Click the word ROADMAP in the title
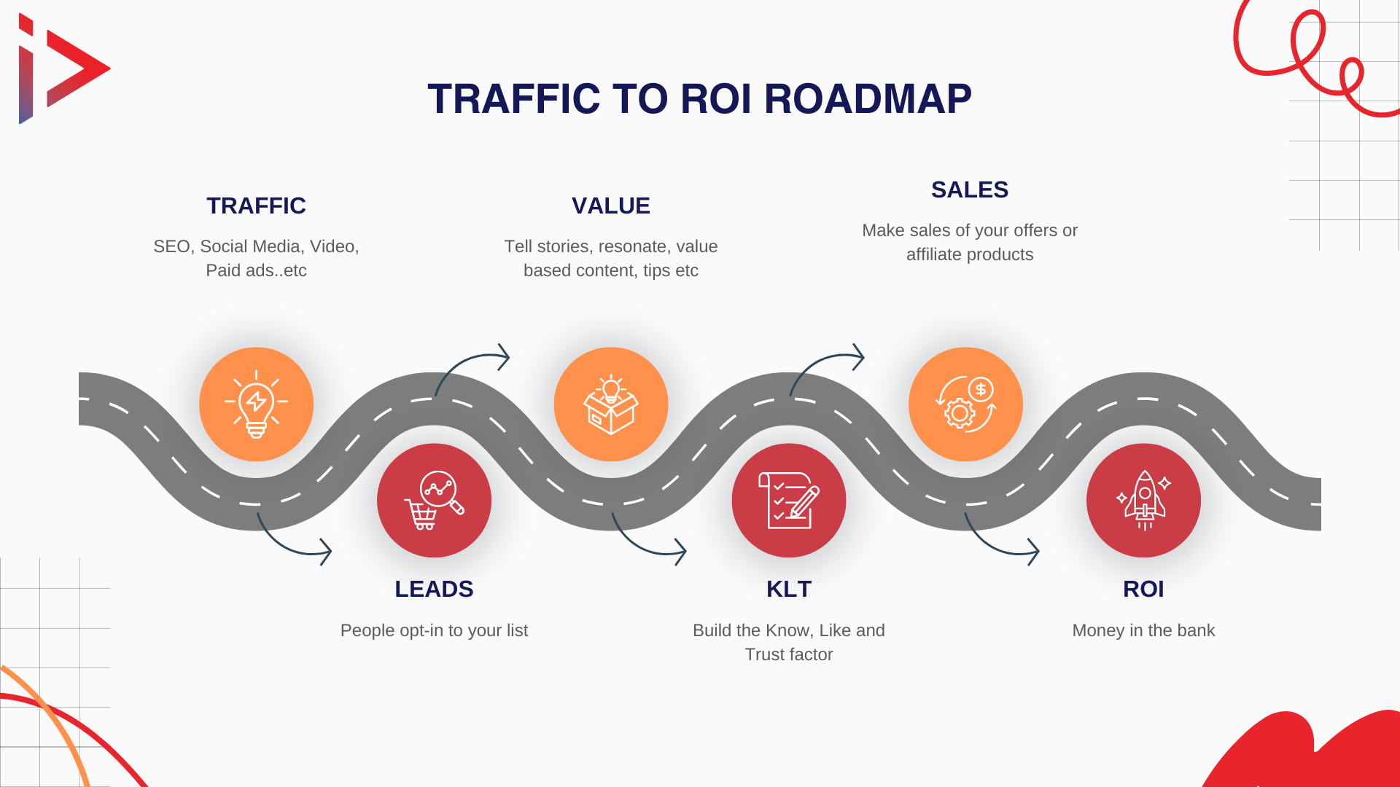coord(868,99)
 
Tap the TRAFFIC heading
coord(256,205)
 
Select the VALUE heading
coord(611,205)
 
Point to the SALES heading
coord(970,189)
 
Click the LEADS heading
coord(434,589)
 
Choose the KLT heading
coord(789,589)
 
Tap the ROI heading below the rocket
coord(1143,589)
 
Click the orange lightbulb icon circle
coord(256,404)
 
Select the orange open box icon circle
coord(611,404)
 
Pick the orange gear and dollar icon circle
coord(965,404)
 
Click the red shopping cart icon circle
coord(434,501)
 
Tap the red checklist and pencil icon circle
coord(789,501)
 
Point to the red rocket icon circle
coord(1143,501)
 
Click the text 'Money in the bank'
coord(1143,630)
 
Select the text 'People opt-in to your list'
coord(434,630)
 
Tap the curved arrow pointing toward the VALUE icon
coord(462,361)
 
